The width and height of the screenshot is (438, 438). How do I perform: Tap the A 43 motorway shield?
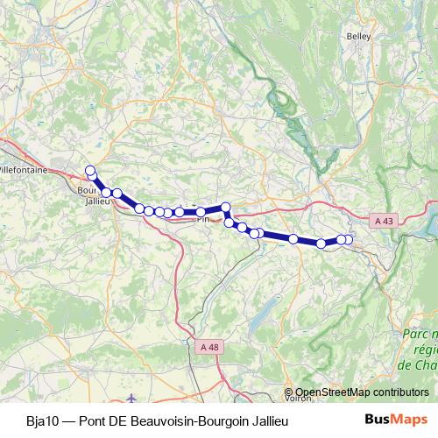tap(380, 223)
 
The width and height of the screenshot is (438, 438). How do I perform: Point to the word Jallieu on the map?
tap(95, 201)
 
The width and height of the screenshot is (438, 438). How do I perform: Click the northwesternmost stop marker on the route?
tap(89, 171)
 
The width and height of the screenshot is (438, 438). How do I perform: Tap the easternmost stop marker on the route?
tap(348, 239)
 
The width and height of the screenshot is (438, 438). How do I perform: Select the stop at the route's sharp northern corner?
tap(225, 208)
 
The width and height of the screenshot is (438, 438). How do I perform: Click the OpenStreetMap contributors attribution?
tap(362, 392)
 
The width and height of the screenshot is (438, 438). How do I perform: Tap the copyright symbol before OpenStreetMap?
tap(289, 392)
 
